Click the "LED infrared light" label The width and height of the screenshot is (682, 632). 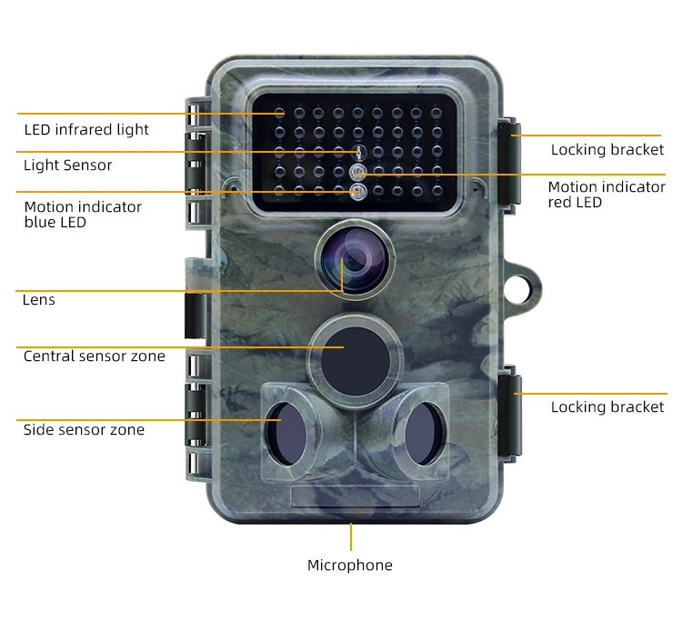point(86,130)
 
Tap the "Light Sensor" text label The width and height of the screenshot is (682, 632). point(68,166)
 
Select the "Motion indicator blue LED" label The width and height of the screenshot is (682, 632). point(83,214)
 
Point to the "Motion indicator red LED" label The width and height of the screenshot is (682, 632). point(607,195)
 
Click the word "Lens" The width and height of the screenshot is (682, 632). point(39,300)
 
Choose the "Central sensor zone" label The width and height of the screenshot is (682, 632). point(95,356)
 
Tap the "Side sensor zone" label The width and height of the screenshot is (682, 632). point(84,430)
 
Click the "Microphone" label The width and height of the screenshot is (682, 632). point(350,566)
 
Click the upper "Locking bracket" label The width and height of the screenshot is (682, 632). point(607,150)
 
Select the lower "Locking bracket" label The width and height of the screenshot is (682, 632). point(607,407)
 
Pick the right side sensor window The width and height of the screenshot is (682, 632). point(421,431)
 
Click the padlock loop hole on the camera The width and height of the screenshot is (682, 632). point(525,283)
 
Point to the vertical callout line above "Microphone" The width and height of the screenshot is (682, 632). point(351,536)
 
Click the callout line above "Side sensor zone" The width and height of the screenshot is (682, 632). point(145,419)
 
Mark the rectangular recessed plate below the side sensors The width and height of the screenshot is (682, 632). point(355,496)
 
